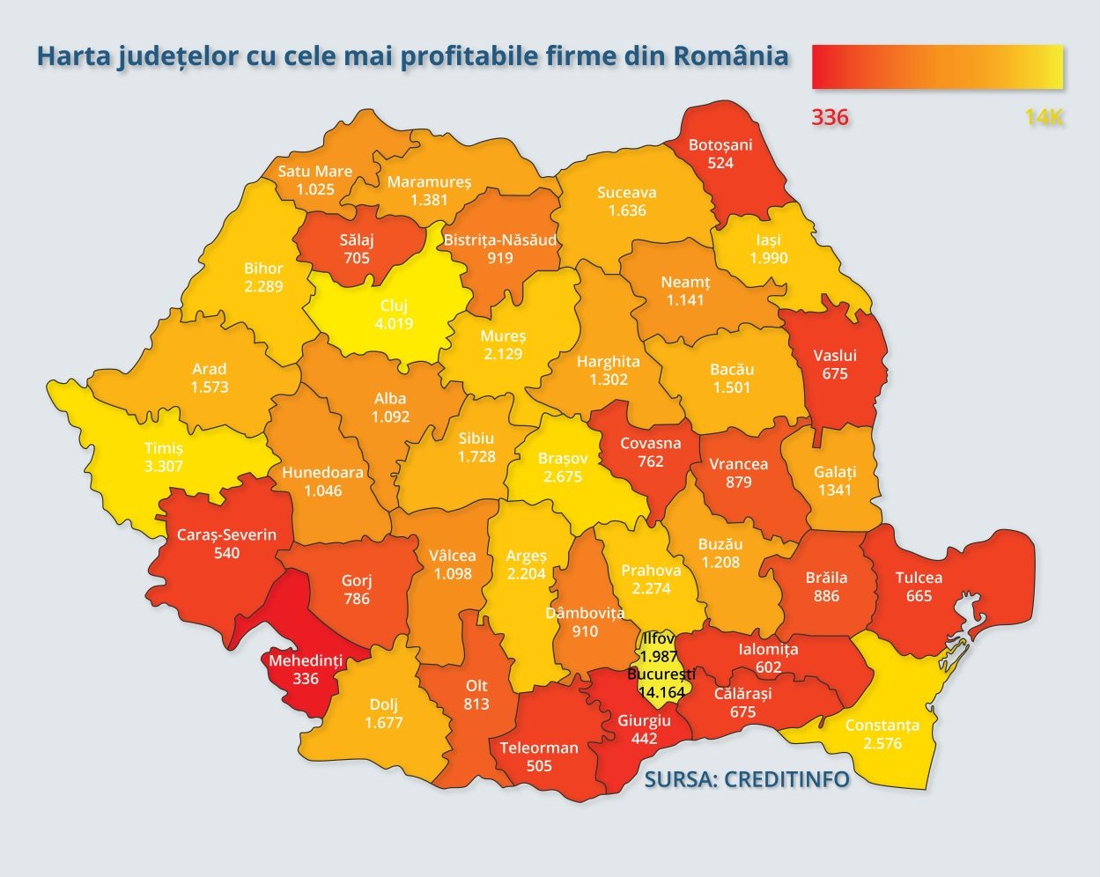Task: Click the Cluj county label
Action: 394,306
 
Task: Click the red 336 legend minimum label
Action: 830,117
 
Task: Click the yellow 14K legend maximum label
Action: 1044,117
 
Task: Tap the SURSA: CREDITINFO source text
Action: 747,779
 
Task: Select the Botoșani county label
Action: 720,144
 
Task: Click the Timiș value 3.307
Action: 164,466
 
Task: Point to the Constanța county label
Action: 882,726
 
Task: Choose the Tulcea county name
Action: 919,578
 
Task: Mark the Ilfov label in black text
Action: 659,639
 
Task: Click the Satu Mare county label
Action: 315,171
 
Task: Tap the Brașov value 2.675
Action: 564,476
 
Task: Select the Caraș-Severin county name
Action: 226,534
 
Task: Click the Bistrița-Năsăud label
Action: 500,240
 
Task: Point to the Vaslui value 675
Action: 834,373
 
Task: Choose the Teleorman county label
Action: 539,748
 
